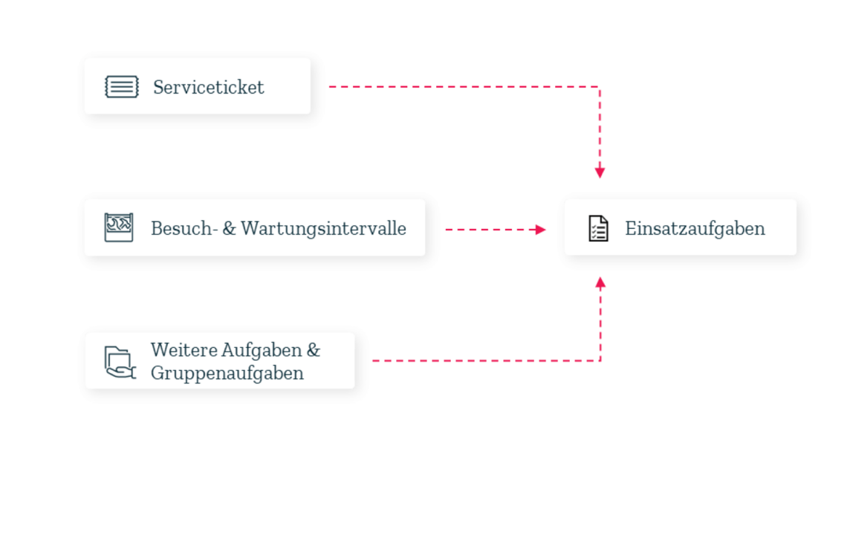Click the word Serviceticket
click(208, 87)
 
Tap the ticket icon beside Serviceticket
click(121, 87)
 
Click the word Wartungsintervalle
click(323, 228)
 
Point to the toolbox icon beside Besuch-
click(119, 227)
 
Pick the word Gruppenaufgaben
click(227, 372)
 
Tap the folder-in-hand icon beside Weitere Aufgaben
click(119, 362)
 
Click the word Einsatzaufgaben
click(695, 228)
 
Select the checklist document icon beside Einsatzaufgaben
click(598, 228)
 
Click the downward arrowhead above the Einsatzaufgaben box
click(600, 172)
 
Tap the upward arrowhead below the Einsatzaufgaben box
click(600, 282)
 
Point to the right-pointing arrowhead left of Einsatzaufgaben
click(541, 230)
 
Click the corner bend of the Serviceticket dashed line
click(600, 87)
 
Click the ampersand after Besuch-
click(228, 228)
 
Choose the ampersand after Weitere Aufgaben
click(313, 349)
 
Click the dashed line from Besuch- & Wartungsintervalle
click(490, 230)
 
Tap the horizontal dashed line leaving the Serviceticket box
click(461, 87)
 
